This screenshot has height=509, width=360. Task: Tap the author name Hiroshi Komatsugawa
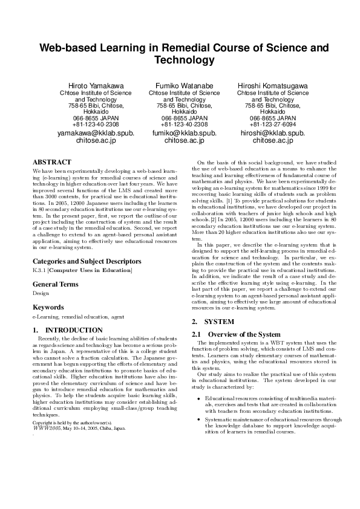point(272,86)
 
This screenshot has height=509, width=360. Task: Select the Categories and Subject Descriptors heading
point(87,261)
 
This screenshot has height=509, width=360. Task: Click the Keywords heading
point(48,307)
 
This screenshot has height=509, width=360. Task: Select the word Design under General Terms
point(41,293)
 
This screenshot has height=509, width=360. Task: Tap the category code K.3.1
point(39,270)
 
